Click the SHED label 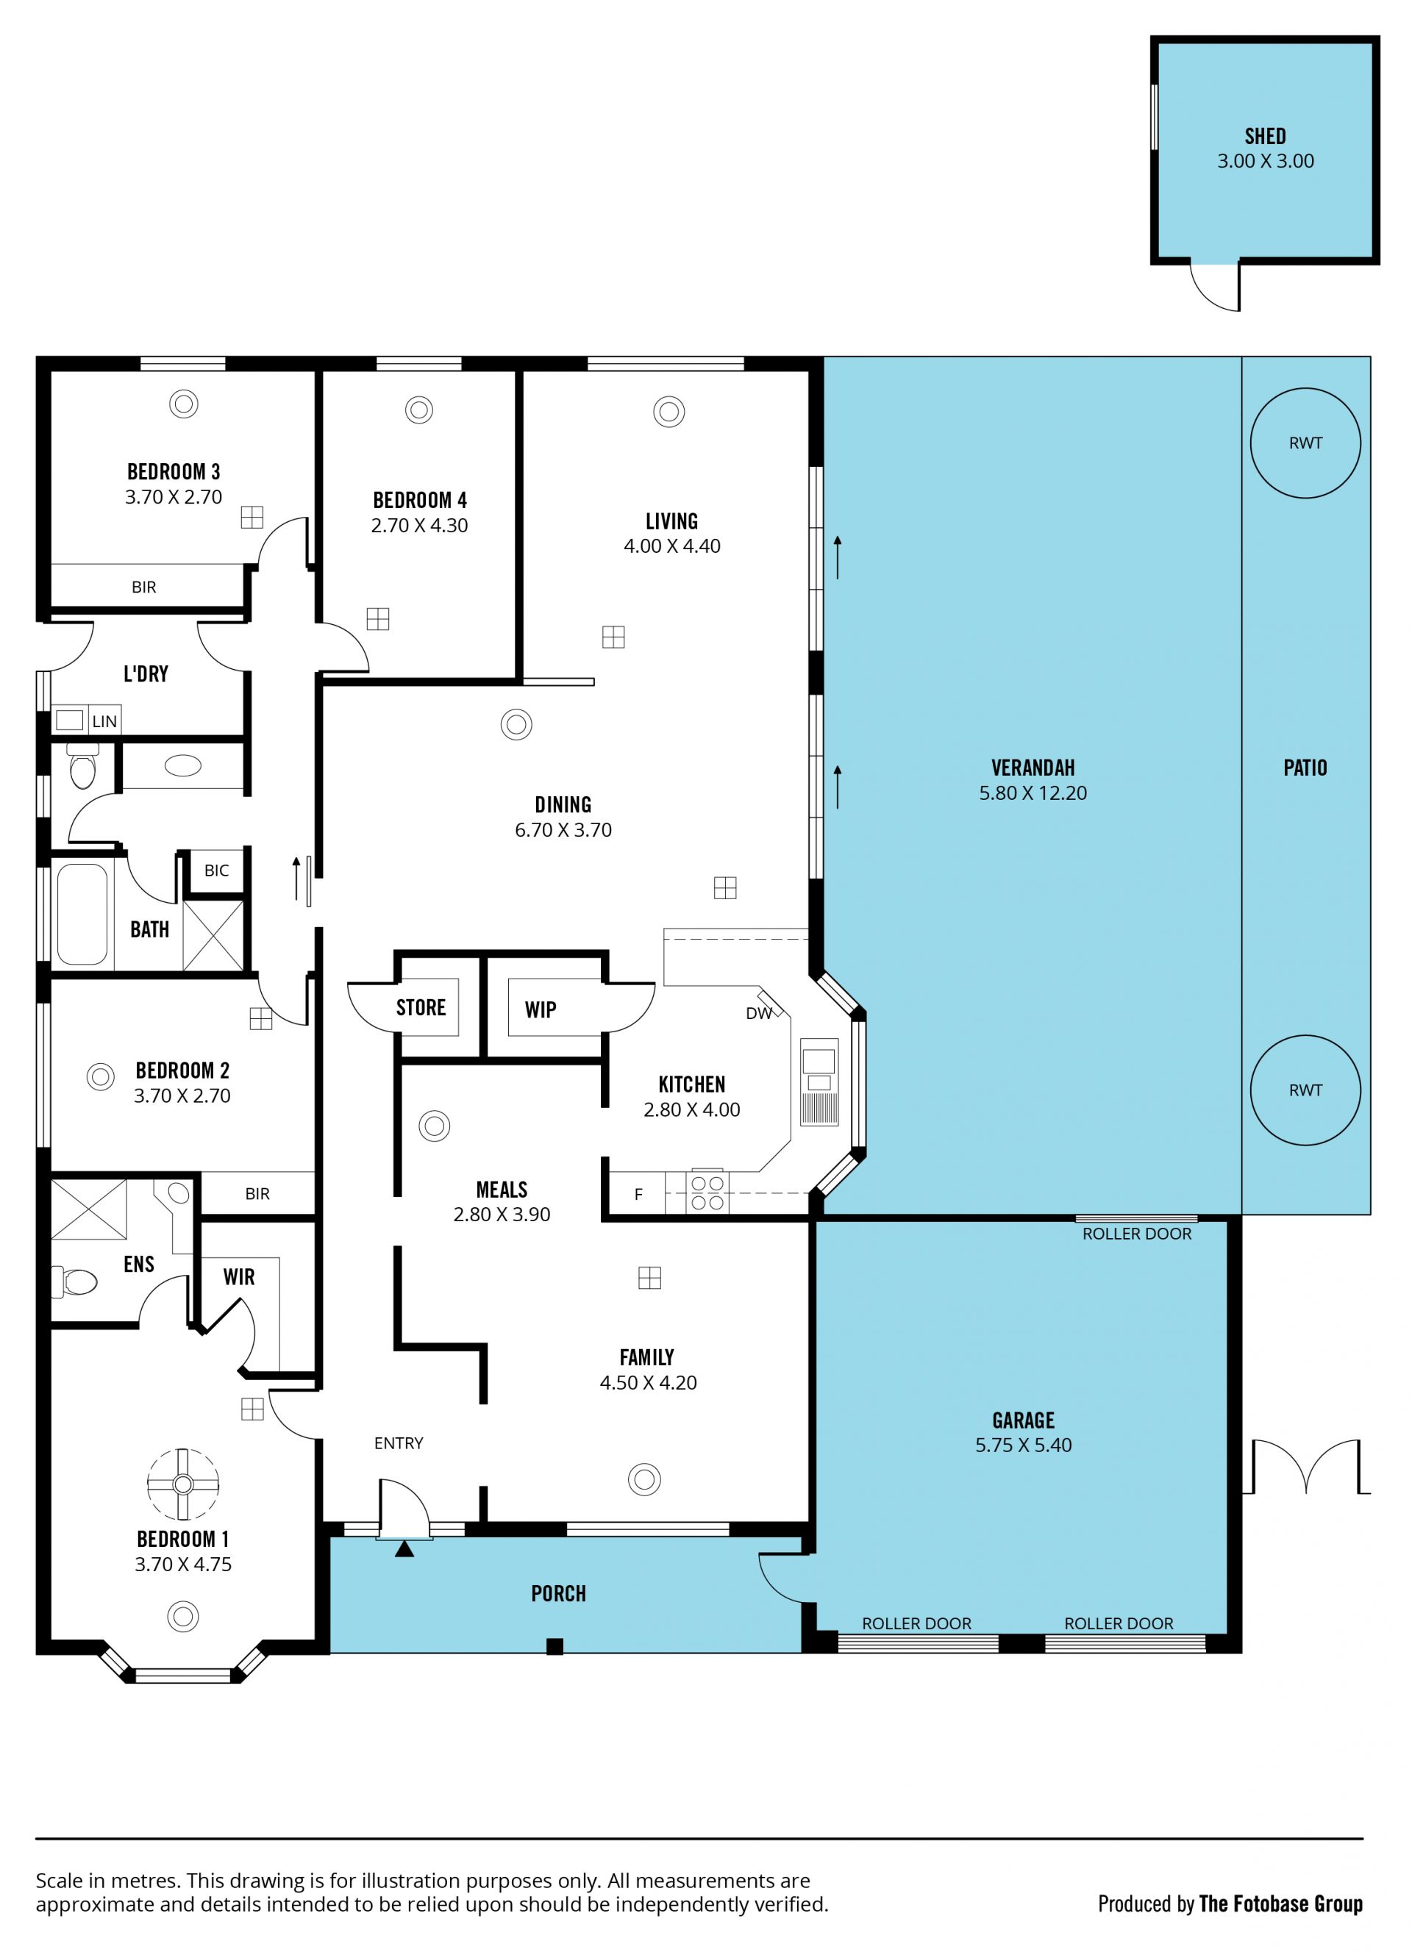(x=1265, y=136)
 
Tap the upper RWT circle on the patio (x=1305, y=389)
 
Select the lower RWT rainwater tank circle (x=1305, y=1036)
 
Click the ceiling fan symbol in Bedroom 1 (x=182, y=1484)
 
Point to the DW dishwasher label (x=758, y=1014)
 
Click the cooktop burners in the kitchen (x=707, y=1193)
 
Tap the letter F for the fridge (x=638, y=1194)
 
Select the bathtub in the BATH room (x=82, y=914)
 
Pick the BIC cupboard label (x=217, y=870)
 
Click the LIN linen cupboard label (x=104, y=721)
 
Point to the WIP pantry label (x=541, y=1009)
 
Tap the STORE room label (x=421, y=1008)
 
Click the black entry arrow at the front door (x=404, y=1549)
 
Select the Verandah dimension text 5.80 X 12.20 (x=1033, y=793)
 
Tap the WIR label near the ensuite (x=238, y=1277)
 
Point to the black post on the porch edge (x=555, y=1646)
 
